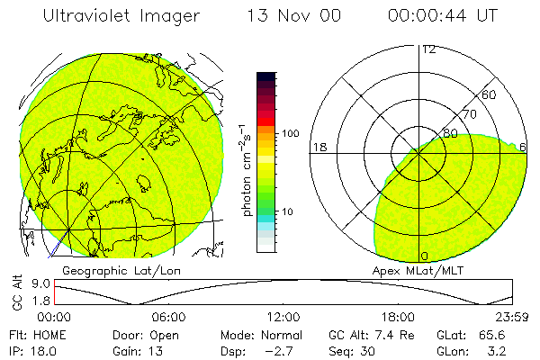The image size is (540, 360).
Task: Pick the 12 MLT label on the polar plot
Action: pos(428,49)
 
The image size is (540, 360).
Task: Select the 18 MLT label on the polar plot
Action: pos(318,147)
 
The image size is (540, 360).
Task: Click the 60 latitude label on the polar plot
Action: pos(490,94)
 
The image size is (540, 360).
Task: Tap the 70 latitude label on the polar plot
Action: pos(469,114)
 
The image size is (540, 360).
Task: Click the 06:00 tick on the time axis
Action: pos(169,318)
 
